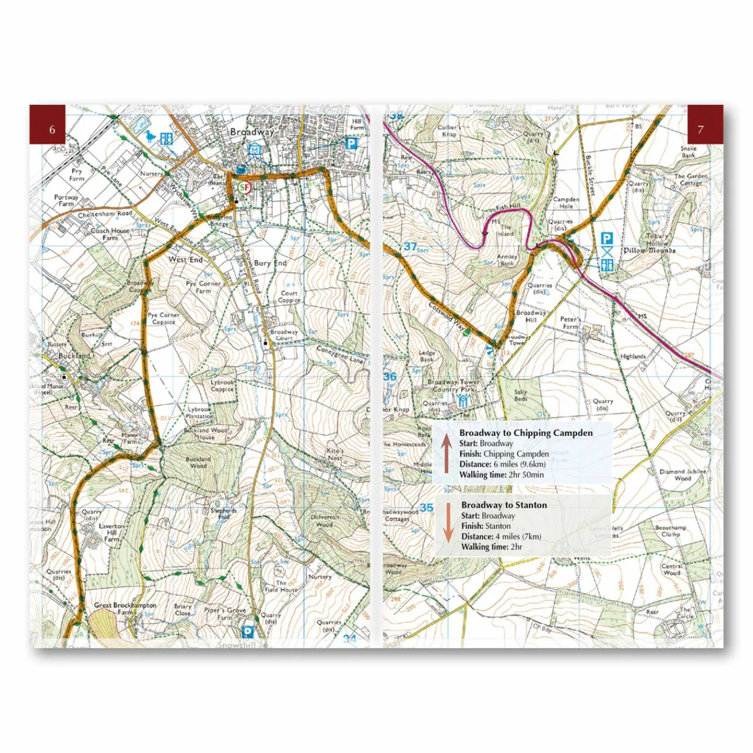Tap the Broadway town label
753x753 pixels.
[252, 132]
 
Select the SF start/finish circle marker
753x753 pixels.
[245, 188]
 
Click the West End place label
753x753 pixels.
[185, 259]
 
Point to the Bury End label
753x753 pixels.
[270, 263]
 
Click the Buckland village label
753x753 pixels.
[74, 356]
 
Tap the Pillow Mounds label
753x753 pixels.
[649, 251]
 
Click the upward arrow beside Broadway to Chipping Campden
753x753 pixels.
[447, 453]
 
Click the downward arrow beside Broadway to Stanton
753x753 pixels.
[448, 522]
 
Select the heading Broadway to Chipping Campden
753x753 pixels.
[526, 433]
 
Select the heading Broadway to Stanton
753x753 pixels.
[504, 505]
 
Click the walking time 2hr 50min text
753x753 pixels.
[502, 475]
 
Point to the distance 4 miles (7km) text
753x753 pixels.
[501, 537]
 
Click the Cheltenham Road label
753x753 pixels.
[105, 215]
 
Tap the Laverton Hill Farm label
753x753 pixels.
[111, 532]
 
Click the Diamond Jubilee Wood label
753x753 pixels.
[682, 475]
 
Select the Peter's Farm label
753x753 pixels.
[570, 323]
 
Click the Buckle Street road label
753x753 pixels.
[590, 175]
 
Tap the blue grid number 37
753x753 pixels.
[410, 247]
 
